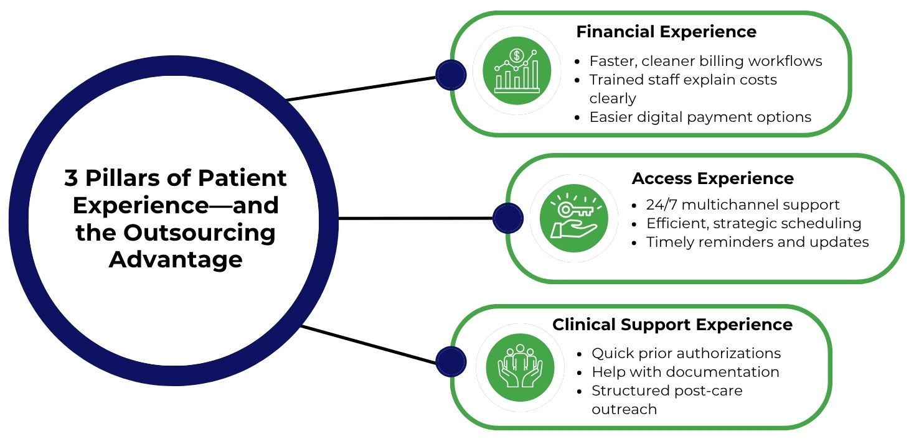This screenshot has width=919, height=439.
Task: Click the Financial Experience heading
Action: coord(666,32)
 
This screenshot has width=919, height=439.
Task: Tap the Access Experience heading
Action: coord(712,179)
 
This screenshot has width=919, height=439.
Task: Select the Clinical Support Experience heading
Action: coord(672,325)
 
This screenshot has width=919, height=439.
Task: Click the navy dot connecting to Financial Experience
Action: coord(451,76)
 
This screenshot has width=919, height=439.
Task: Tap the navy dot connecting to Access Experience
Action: coord(508,218)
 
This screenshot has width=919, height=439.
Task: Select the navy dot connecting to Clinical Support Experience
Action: coord(451,362)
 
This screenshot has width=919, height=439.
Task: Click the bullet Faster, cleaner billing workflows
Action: coord(705,61)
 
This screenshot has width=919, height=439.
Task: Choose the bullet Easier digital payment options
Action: coord(700,117)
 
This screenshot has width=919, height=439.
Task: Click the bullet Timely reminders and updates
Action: coord(757,242)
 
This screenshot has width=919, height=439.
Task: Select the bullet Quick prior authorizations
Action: coord(686,353)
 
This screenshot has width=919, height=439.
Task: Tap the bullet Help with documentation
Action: coord(685,372)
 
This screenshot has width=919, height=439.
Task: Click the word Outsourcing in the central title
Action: coord(199,232)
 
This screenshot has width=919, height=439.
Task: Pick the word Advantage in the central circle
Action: coord(176,259)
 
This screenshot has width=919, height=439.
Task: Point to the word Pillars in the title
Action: coord(137,178)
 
